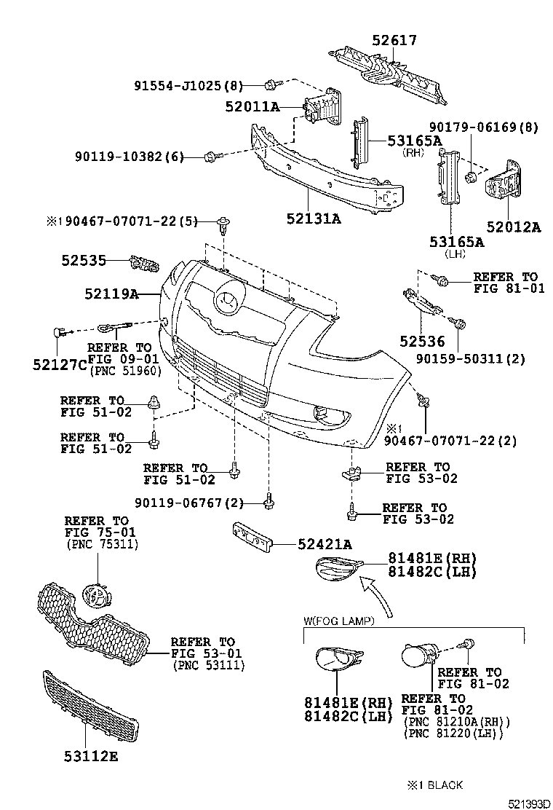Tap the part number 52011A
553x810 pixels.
pyautogui.click(x=252, y=107)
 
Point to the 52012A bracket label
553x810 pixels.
pyautogui.click(x=514, y=227)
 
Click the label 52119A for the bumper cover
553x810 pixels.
pyautogui.click(x=111, y=294)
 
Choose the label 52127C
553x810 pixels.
pyautogui.click(x=61, y=363)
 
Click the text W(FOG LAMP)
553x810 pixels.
pyautogui.click(x=338, y=621)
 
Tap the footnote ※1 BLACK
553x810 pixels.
pyautogui.click(x=436, y=785)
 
